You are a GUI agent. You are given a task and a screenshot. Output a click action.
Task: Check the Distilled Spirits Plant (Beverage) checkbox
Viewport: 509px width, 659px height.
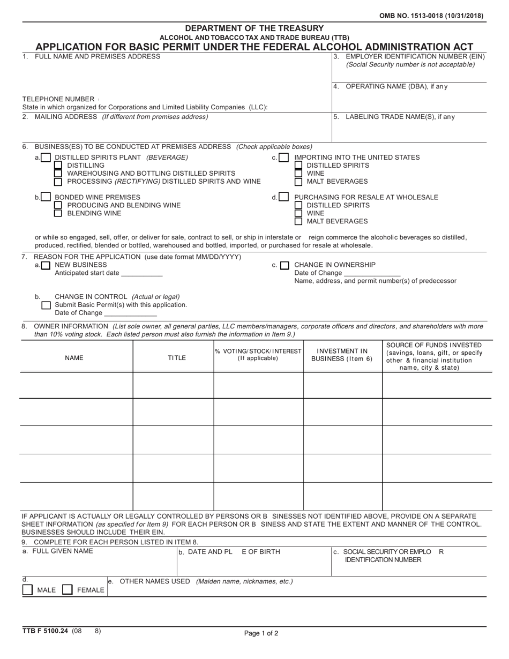tap(46, 158)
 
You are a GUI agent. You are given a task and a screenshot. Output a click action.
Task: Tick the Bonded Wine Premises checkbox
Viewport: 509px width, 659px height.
tap(46, 198)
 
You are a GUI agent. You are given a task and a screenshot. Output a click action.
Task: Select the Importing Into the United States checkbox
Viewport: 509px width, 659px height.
tap(283, 158)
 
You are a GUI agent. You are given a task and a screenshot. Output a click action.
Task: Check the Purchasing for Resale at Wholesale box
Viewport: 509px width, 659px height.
tap(283, 198)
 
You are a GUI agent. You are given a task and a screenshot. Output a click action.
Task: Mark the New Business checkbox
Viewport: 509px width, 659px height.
tap(46, 265)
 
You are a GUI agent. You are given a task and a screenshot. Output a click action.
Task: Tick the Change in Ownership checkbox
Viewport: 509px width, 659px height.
tap(285, 265)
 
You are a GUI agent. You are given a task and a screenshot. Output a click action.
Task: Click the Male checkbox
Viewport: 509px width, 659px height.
tap(27, 590)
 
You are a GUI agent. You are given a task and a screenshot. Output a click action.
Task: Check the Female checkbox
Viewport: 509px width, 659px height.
tap(68, 590)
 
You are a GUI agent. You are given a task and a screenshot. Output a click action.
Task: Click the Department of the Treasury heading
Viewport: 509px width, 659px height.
tap(254, 28)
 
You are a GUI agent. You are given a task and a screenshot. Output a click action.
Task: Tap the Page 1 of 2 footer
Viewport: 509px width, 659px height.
tap(261, 633)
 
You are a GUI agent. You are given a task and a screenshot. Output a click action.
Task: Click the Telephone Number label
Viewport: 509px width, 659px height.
tap(58, 99)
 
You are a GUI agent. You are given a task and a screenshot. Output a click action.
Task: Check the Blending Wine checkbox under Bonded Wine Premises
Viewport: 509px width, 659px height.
tap(58, 213)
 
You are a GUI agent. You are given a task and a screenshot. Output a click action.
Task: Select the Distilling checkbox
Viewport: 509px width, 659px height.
tap(58, 166)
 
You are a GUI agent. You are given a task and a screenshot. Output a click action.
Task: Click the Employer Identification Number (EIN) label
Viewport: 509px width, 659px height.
tap(415, 57)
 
